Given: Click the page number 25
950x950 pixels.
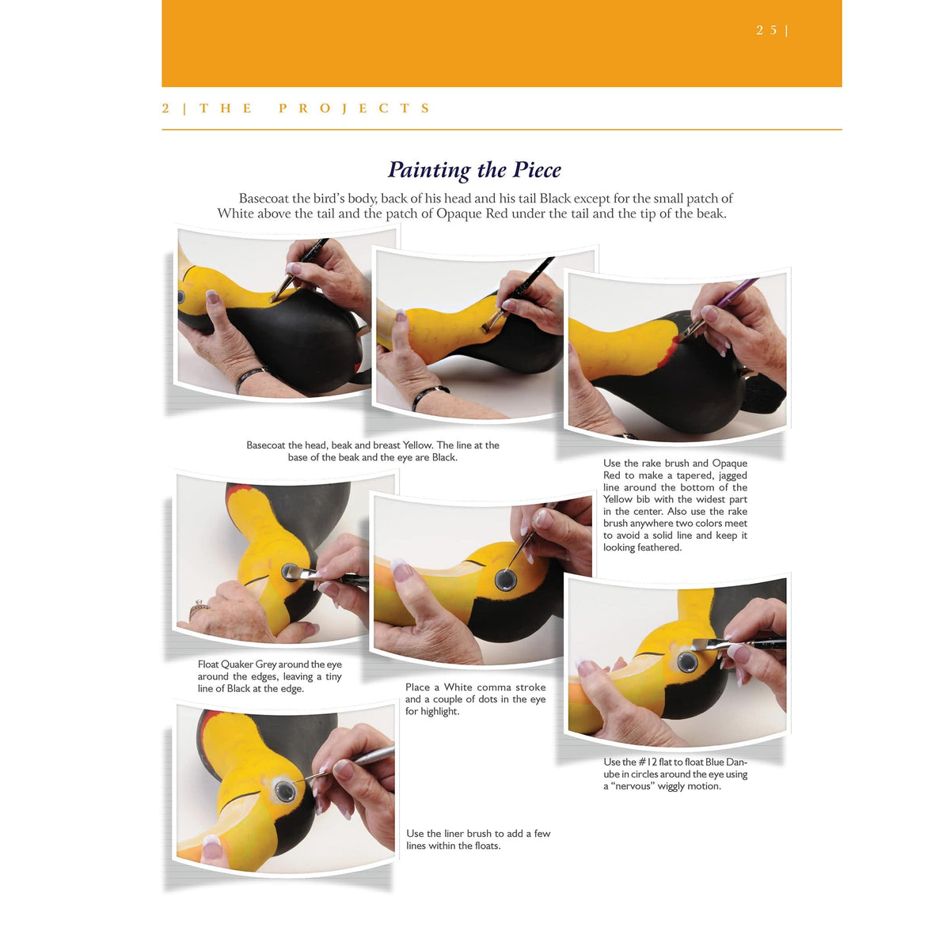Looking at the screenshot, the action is pos(766,30).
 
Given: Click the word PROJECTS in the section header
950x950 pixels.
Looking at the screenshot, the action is pos(355,108).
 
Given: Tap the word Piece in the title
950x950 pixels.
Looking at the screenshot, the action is pos(537,169).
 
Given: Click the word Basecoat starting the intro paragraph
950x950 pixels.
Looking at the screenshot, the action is pos(264,199).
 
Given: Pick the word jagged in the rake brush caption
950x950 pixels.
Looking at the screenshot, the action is pos(731,475).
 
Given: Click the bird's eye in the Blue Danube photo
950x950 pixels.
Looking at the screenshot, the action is pos(687,662).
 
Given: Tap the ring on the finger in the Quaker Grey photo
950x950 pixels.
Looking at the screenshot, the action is pos(198,610).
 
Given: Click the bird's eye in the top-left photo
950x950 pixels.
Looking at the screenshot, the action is pos(181,297).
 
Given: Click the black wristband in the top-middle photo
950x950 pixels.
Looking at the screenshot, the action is pos(429,396).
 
